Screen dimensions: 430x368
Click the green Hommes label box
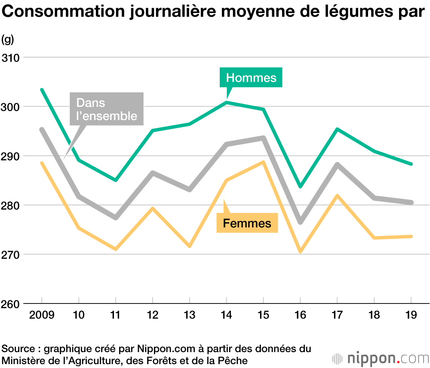tap(251, 77)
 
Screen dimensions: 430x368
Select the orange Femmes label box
tap(247, 223)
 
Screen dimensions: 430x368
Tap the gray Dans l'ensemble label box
tap(107, 109)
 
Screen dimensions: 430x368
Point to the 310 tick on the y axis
tap(10, 58)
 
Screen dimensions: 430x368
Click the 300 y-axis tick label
tap(10, 107)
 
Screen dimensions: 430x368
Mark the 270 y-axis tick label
tap(10, 255)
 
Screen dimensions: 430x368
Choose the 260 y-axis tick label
tap(10, 304)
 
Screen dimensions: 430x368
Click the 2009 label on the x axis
tap(42, 315)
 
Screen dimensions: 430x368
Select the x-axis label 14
tap(227, 315)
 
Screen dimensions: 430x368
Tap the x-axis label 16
tap(300, 315)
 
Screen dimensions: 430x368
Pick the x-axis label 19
tap(411, 315)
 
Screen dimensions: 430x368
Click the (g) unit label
tap(7, 40)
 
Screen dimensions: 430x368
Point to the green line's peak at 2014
tap(227, 102)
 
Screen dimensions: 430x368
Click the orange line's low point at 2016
tap(300, 251)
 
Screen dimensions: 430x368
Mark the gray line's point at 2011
tap(116, 218)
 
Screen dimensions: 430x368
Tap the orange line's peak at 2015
tap(263, 162)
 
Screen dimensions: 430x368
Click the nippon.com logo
tap(381, 358)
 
